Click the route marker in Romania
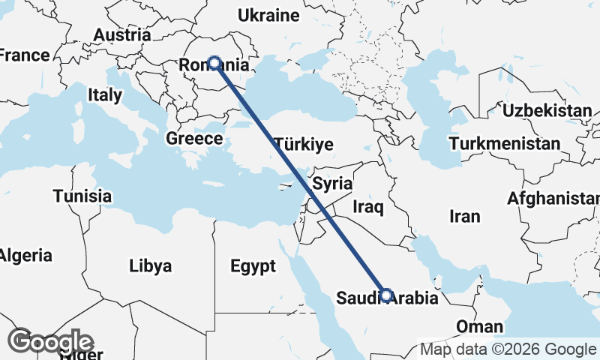coord(214,63)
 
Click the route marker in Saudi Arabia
coord(386,295)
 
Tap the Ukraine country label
coord(268,15)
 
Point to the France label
coord(25,55)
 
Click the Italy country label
coord(104,95)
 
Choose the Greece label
coord(194,139)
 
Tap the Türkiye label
coord(303,145)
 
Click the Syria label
coord(332,183)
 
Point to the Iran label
coord(464,217)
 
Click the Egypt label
coord(253,266)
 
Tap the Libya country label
coord(150,265)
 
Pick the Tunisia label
coord(82,196)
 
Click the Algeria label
coord(25,255)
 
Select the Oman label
coord(480,326)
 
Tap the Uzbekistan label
coord(547,111)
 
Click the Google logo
coord(51,341)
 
